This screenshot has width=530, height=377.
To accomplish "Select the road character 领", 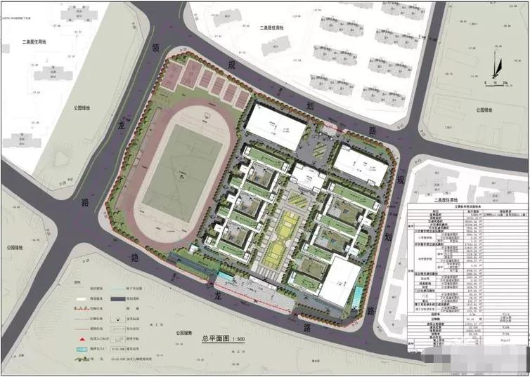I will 156,48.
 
